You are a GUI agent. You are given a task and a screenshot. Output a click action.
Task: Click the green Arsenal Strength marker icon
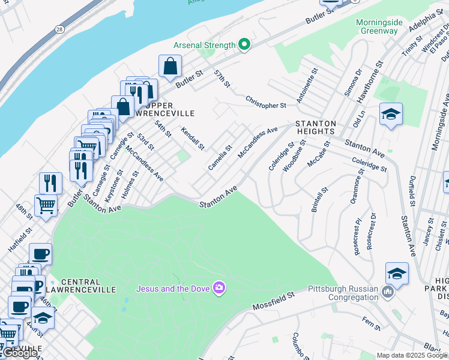244,45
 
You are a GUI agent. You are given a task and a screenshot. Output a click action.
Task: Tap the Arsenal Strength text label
204,45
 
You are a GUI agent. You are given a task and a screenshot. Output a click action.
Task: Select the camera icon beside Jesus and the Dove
219,289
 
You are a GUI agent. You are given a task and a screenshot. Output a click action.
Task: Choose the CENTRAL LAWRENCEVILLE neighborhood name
80,286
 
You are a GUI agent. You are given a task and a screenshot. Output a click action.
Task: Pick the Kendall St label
193,139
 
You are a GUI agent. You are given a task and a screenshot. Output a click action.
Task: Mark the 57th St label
222,78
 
